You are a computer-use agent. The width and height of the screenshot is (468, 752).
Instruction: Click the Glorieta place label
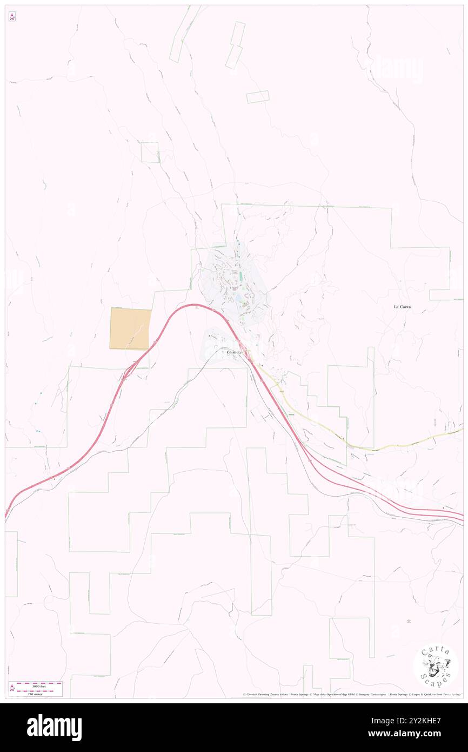click(x=234, y=352)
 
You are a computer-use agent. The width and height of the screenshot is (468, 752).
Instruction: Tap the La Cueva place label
click(x=402, y=307)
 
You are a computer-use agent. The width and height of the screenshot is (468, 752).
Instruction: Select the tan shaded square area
click(x=130, y=328)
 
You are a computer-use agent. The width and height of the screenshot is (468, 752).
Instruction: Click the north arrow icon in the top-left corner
click(x=12, y=17)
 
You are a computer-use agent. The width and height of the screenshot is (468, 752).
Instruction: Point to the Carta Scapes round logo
click(x=436, y=666)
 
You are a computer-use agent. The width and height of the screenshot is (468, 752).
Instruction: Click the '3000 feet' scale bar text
click(x=36, y=685)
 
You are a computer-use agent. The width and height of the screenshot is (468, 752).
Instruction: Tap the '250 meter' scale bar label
click(x=34, y=693)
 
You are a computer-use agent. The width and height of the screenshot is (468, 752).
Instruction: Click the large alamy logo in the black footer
click(x=54, y=728)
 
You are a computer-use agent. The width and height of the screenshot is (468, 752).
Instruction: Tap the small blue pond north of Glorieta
click(x=238, y=298)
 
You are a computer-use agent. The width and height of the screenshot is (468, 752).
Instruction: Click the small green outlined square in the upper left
click(x=150, y=152)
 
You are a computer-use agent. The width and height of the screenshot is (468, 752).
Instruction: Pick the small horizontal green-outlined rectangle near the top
click(x=258, y=97)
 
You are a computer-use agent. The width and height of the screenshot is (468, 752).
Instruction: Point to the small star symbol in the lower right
click(x=409, y=620)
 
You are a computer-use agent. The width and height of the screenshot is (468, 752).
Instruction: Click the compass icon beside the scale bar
click(x=12, y=689)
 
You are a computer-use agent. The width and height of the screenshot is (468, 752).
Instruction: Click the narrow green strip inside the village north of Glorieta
click(x=241, y=277)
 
